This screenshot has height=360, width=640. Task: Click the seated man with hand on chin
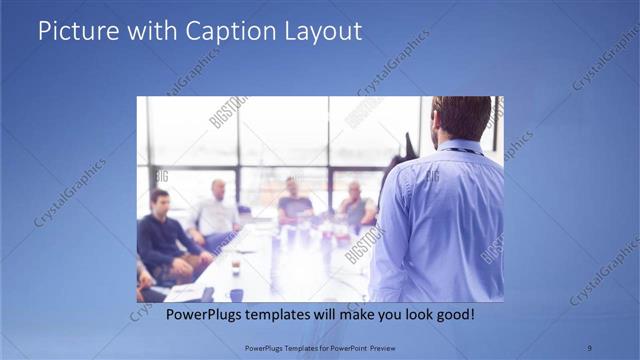pos(354,205)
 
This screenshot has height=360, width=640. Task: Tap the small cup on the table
pos(236,268)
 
